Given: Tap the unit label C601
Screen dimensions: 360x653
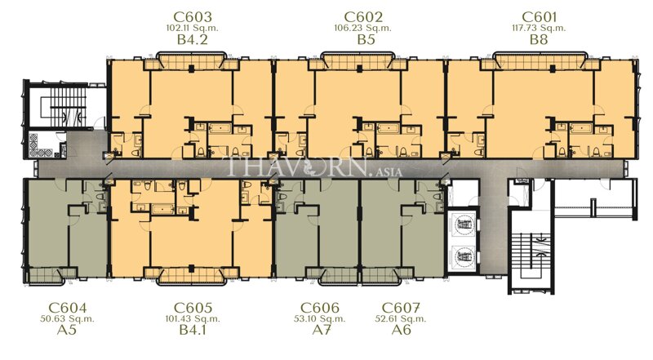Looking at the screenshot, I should [538, 16].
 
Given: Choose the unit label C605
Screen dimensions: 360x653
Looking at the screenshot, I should [193, 307].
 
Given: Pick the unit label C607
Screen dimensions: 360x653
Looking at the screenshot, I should [401, 307].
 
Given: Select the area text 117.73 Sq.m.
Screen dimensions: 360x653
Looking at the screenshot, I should [538, 28].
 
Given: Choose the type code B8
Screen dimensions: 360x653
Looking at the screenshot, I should [538, 39].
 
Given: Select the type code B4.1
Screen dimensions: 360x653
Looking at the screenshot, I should [193, 331].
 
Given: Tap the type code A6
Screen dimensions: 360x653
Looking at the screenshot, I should [401, 331].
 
